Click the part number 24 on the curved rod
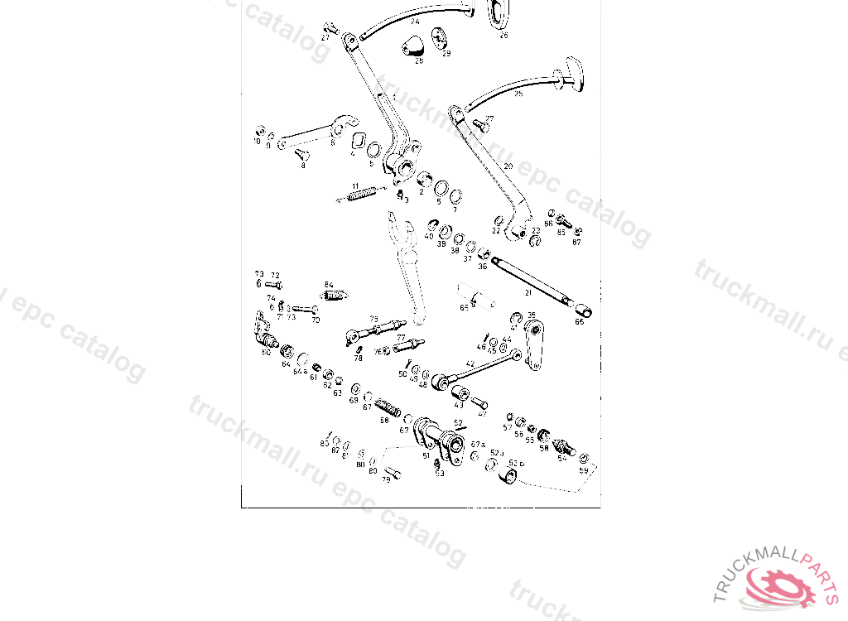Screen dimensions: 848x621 tap(414, 21)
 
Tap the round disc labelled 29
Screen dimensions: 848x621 tap(439, 38)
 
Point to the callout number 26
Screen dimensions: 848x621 tap(503, 35)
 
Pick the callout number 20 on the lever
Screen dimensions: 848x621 tap(508, 166)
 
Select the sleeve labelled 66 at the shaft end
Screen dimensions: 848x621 tap(583, 310)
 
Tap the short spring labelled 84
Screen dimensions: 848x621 tap(334, 295)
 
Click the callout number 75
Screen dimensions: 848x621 tap(373, 319)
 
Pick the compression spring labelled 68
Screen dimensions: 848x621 tap(387, 408)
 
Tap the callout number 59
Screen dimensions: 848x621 tap(584, 470)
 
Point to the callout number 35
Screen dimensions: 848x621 tap(532, 315)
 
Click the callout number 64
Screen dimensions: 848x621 tap(287, 363)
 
